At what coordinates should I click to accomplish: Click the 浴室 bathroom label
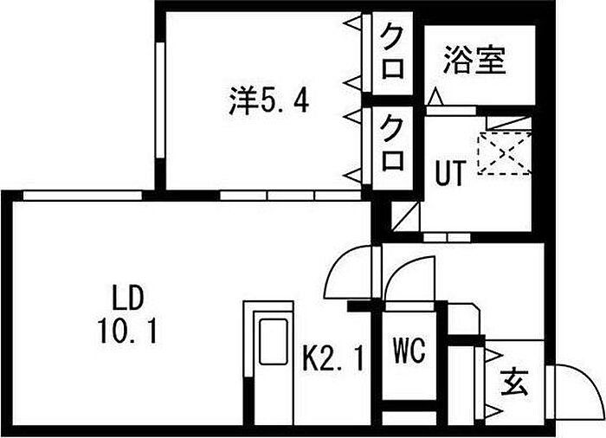click(474, 61)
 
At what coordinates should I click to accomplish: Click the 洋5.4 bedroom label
click(268, 103)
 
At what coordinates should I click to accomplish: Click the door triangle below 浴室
click(435, 100)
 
